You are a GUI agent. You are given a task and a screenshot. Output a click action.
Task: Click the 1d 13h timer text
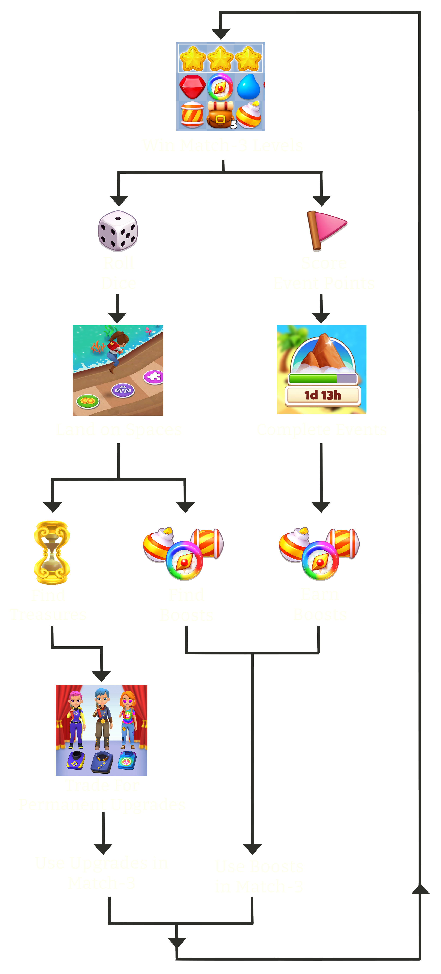pos(322,395)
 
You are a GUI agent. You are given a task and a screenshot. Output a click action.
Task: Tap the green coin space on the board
pos(88,401)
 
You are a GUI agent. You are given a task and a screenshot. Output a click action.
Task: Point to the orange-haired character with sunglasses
pos(128,720)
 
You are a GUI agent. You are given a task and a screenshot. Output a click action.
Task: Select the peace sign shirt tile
pos(127,760)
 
